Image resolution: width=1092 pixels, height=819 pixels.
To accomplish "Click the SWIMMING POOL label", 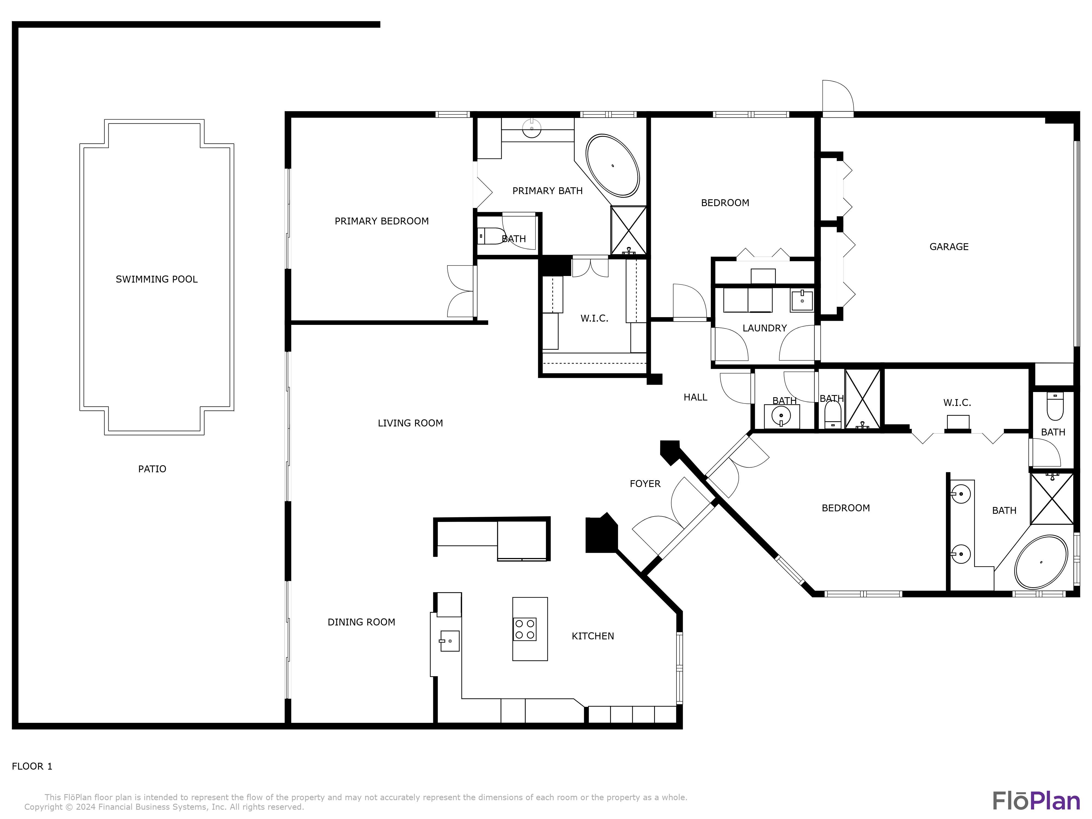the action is click(156, 280).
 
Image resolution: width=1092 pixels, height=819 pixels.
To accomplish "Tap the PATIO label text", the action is click(152, 469).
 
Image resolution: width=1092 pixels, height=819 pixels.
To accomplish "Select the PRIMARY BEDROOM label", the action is click(382, 221).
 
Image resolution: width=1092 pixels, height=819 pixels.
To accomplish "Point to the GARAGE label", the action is click(949, 247).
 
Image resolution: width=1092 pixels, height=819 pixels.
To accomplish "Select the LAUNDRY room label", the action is click(764, 328).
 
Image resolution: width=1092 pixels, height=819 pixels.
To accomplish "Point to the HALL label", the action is click(695, 397).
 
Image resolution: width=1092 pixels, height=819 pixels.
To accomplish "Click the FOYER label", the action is click(645, 484).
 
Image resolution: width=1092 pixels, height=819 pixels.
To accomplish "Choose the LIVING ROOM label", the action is click(410, 423).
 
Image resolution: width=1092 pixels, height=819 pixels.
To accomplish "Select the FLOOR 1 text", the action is click(32, 766).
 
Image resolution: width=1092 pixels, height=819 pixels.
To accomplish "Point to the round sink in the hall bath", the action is click(781, 416).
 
